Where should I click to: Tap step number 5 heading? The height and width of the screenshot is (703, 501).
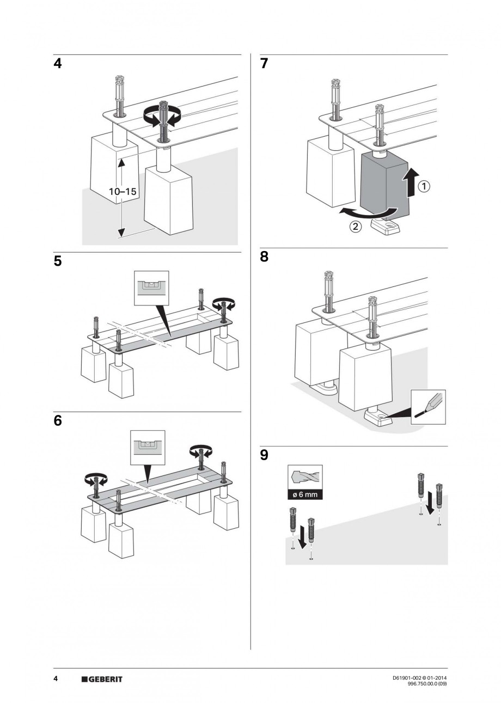pos(58,261)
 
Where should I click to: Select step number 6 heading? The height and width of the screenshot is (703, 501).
pos(58,421)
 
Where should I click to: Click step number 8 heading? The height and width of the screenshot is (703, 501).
pos(265,257)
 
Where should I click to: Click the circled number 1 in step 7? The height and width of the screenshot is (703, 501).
pos(424,187)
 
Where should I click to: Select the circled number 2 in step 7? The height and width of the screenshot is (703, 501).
pos(354,228)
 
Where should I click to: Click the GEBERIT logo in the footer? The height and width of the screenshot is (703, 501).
pos(102,679)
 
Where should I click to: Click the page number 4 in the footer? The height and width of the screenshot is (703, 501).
pos(56,679)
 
